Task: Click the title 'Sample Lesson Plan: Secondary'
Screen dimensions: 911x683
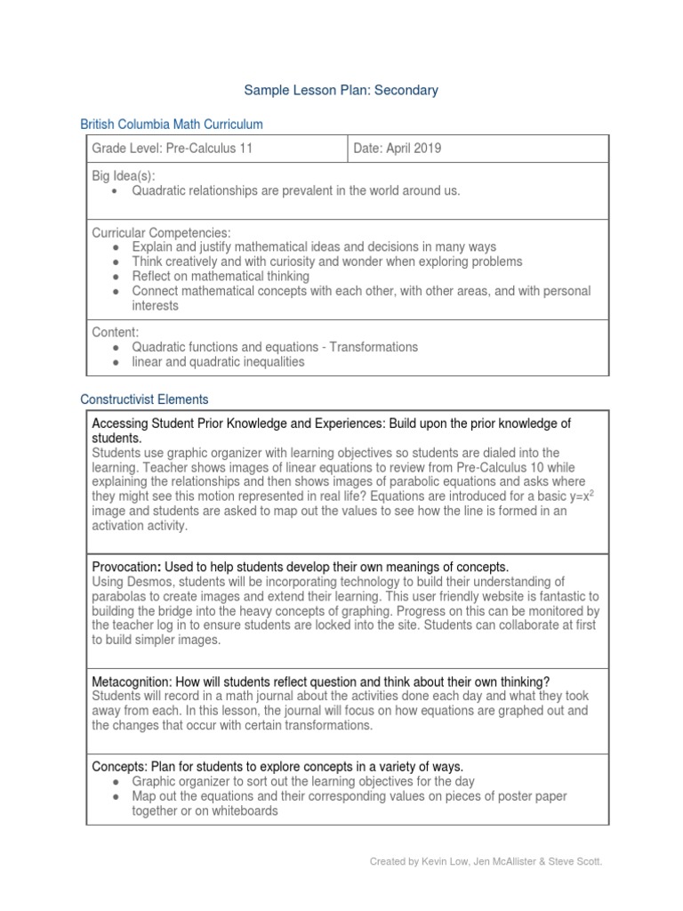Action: [x=341, y=90]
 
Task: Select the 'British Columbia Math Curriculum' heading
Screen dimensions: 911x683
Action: [x=172, y=125]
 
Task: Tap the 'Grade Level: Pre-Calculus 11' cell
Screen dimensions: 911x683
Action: [x=173, y=149]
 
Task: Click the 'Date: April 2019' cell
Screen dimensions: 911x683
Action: [x=397, y=149]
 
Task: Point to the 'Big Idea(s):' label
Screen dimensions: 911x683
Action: [x=124, y=176]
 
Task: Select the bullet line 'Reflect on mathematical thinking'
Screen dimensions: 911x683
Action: [x=221, y=276]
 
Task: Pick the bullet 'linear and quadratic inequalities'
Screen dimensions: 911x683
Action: [x=218, y=361]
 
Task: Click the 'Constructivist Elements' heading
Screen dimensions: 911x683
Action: [x=144, y=399]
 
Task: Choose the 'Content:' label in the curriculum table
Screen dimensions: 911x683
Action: [x=114, y=332]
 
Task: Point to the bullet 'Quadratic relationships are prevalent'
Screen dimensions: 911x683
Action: [x=296, y=190]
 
